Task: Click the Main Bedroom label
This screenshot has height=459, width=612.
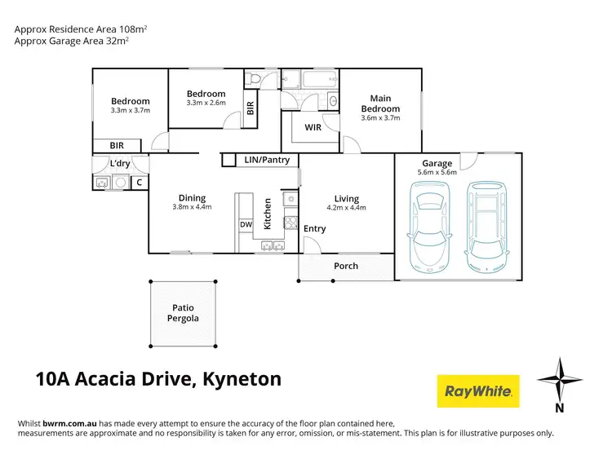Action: (x=380, y=104)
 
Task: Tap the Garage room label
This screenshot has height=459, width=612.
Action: (x=438, y=164)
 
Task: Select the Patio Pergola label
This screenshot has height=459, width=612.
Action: (x=184, y=313)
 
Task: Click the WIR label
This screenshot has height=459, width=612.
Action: (x=313, y=128)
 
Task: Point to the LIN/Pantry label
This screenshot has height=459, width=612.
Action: (x=267, y=160)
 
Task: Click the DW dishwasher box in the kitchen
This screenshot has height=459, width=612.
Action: (x=246, y=225)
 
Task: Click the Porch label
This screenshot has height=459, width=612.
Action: (x=346, y=266)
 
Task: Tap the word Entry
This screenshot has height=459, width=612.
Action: (x=315, y=228)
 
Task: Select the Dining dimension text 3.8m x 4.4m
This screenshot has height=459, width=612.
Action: (x=192, y=207)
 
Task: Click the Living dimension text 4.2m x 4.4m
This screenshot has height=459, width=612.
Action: (x=347, y=207)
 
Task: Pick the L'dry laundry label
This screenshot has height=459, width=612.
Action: (x=120, y=164)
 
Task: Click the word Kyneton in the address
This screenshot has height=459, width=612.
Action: (x=241, y=378)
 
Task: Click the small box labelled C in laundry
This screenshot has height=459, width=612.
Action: (x=140, y=183)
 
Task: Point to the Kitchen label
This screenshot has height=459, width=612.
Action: (x=266, y=214)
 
